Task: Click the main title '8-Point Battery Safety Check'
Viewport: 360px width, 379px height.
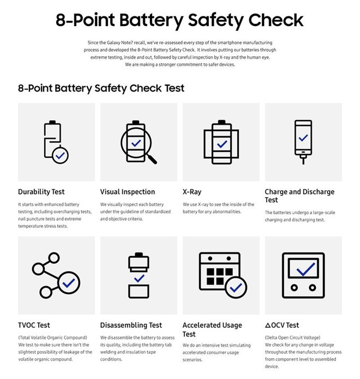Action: pyautogui.click(x=179, y=20)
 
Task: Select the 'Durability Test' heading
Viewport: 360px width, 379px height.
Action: pyautogui.click(x=41, y=192)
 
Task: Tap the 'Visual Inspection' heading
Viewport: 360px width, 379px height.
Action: pyautogui.click(x=128, y=192)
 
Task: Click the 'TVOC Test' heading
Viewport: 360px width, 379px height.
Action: pyautogui.click(x=34, y=325)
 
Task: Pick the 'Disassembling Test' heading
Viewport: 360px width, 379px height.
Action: pyautogui.click(x=131, y=325)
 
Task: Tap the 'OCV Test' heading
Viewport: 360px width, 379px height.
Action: pyautogui.click(x=282, y=325)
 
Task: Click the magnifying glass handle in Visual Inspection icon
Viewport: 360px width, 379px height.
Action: pyautogui.click(x=153, y=158)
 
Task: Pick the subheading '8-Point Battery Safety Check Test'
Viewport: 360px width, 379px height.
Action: pyautogui.click(x=101, y=88)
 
